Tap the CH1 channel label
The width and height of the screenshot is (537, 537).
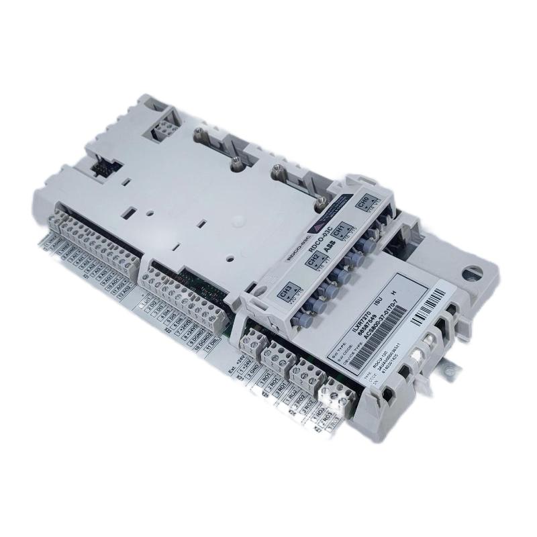338,229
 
